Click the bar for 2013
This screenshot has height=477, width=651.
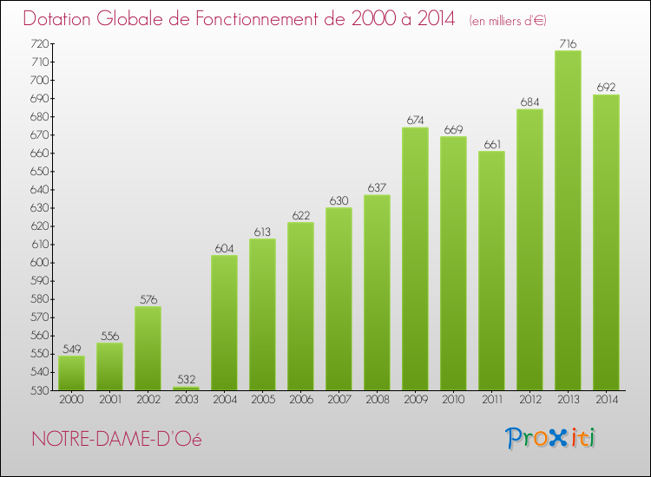568,220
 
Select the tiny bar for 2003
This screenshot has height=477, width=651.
186,388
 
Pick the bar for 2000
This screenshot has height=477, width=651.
71,373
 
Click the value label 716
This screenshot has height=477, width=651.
568,43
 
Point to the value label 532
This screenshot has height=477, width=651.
186,380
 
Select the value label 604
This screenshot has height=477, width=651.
224,249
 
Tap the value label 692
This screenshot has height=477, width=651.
606,88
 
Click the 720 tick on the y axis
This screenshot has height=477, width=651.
39,43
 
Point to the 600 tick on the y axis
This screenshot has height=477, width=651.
39,263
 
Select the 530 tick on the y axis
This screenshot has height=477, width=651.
39,390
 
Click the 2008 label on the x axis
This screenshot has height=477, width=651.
377,400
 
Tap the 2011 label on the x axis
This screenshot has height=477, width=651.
491,400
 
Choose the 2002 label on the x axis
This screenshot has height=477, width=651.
148,400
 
